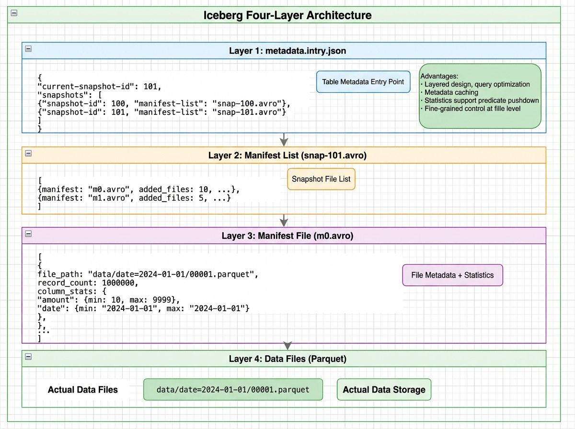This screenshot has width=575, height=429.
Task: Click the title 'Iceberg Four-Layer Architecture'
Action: [287, 15]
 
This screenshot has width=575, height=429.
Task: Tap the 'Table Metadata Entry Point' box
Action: [363, 82]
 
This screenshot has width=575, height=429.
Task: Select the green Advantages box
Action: [480, 96]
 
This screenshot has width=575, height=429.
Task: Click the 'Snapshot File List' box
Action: [321, 179]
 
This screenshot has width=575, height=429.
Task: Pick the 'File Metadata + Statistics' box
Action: [452, 275]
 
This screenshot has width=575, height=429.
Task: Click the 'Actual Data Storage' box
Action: [384, 390]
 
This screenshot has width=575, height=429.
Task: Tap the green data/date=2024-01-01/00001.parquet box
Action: [233, 390]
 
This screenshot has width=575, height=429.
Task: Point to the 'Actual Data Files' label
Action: [83, 390]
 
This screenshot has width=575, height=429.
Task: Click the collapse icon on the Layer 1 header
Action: [28, 49]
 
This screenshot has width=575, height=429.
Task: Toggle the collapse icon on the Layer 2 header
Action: [28, 153]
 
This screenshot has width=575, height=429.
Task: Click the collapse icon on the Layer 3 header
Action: [28, 234]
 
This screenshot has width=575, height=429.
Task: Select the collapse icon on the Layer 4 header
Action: [28, 357]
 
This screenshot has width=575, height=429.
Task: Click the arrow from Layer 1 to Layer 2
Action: [284, 139]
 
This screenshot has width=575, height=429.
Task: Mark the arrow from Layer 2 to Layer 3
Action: [284, 220]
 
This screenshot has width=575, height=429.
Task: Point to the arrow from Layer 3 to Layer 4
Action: [287, 346]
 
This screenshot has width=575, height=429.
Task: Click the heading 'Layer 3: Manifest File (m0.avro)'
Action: [287, 236]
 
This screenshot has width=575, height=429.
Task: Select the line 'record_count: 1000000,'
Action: [88, 283]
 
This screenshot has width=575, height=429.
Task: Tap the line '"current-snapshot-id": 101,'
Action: [100, 87]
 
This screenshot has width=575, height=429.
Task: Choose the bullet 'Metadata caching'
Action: [451, 92]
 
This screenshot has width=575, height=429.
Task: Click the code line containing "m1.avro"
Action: [134, 198]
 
